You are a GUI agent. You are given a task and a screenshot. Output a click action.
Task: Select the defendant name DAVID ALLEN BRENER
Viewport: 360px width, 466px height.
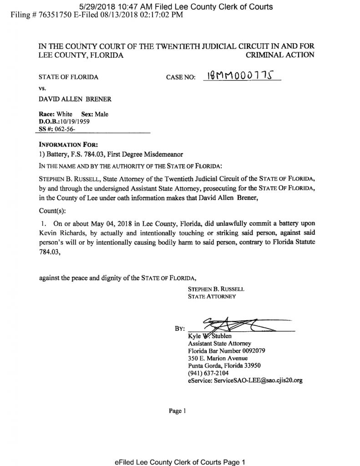(x=75, y=99)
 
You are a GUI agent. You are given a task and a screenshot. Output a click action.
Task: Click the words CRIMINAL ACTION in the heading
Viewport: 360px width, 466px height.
(x=279, y=55)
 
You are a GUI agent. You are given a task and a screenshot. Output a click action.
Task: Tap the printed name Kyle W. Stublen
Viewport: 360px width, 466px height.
(x=210, y=336)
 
